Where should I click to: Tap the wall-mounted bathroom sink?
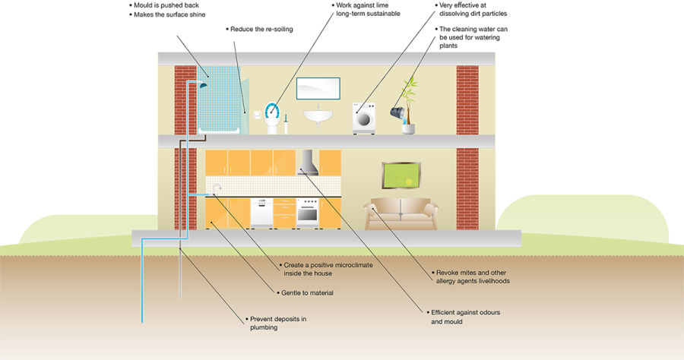point(318,116)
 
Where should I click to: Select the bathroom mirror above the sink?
point(318,90)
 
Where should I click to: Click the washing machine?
point(364,118)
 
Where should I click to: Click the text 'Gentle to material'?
point(309,293)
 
